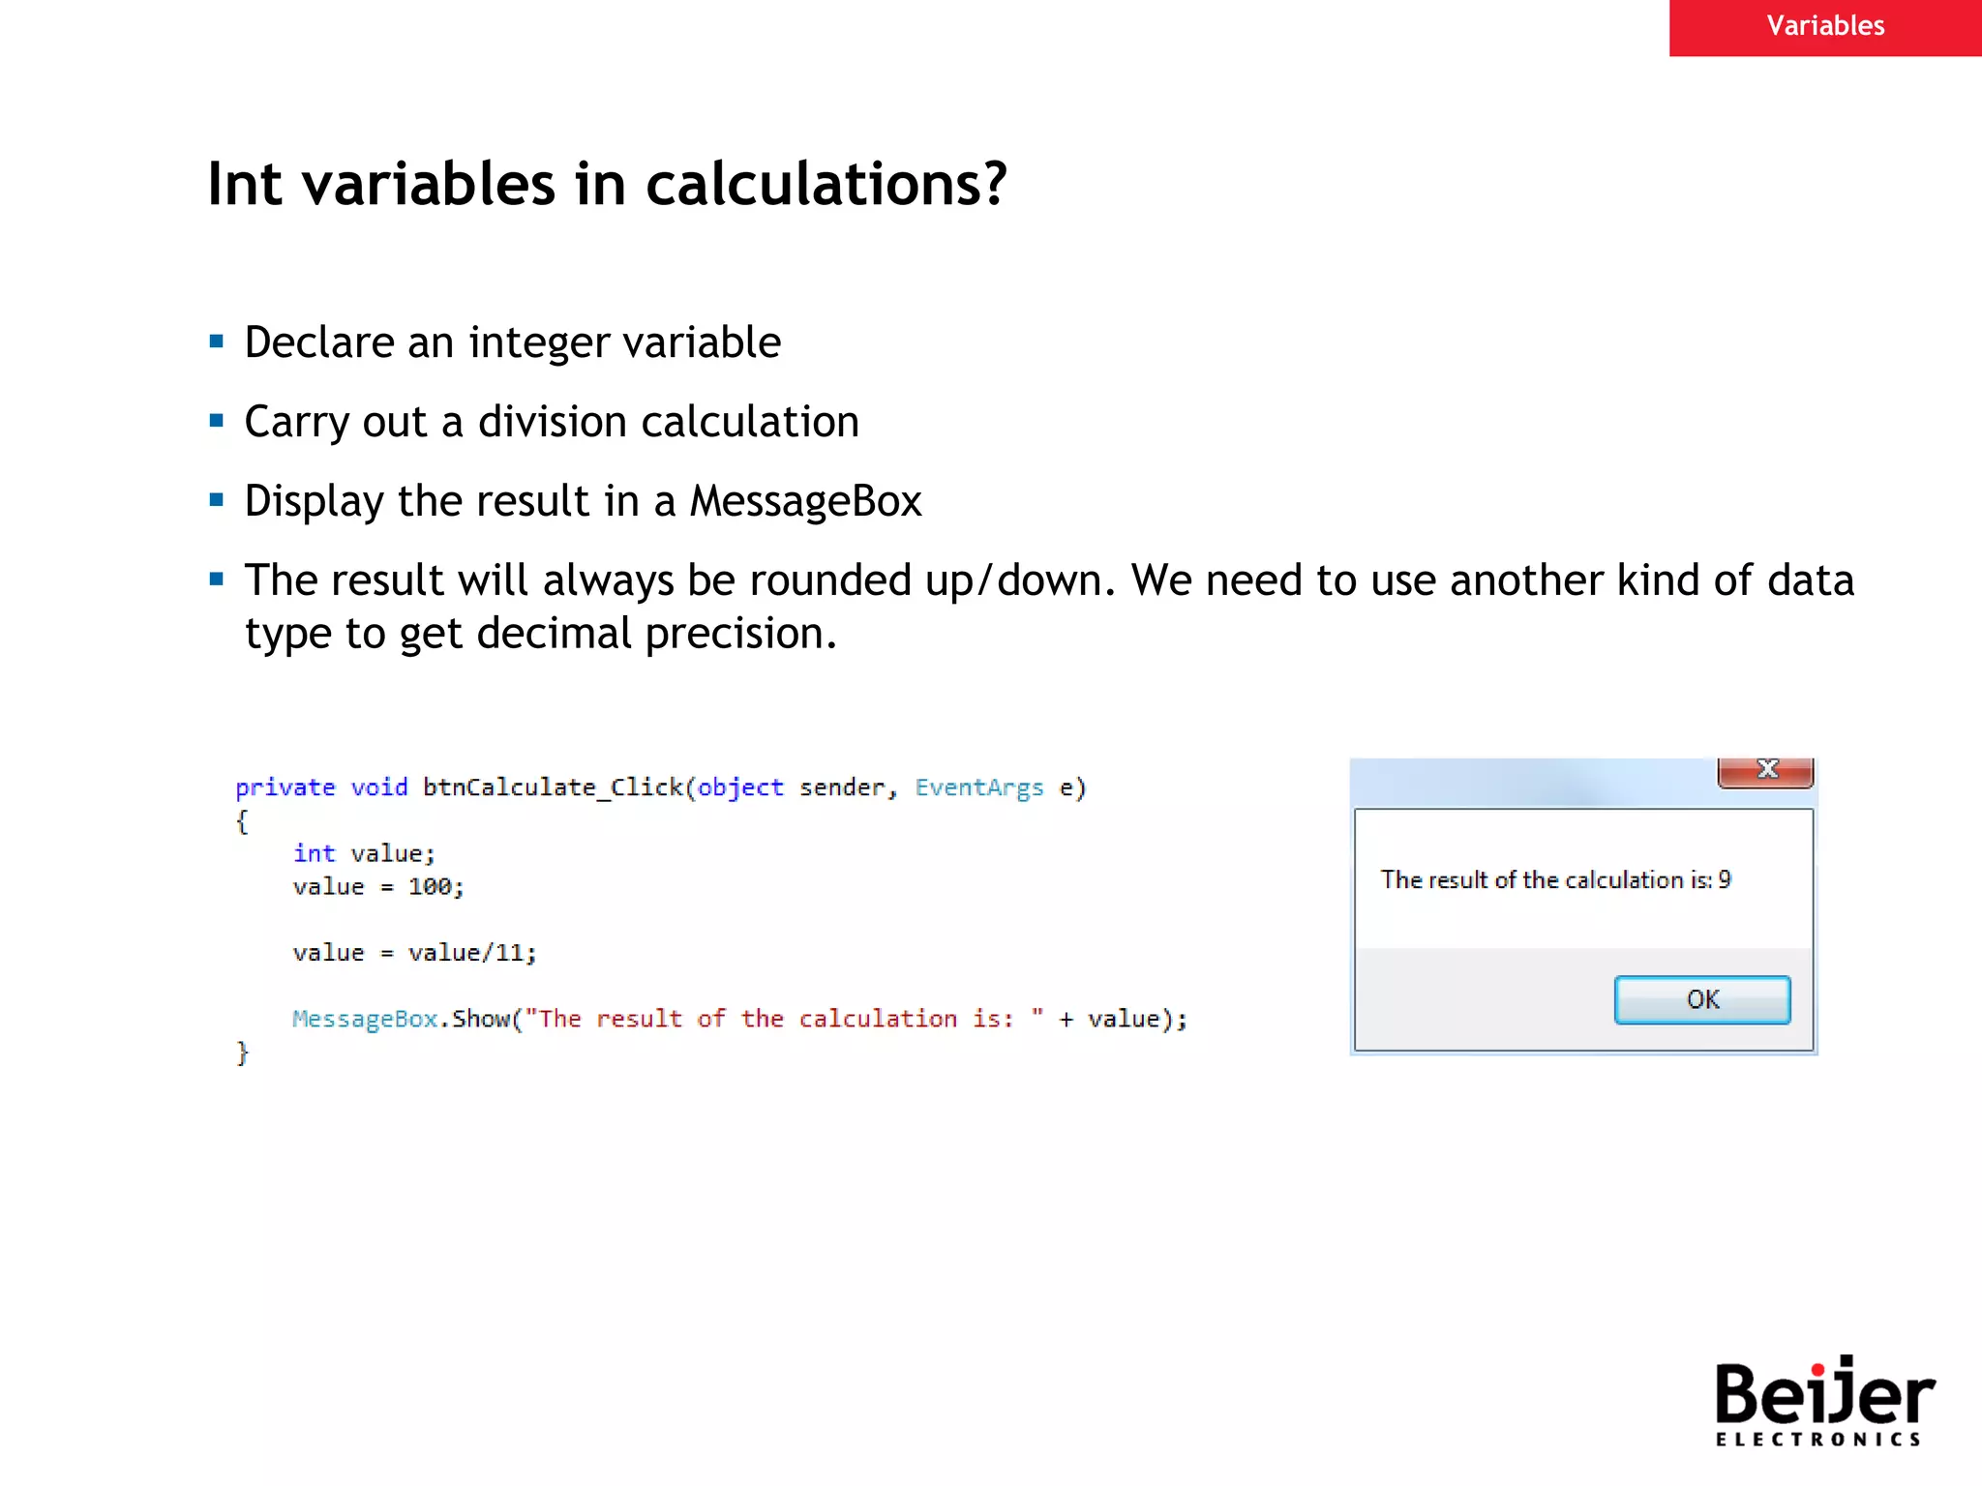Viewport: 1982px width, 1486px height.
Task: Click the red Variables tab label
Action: coord(1824,26)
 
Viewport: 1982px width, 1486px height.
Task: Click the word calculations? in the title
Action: coord(826,184)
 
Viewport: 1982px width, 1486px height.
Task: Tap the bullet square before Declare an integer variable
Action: coord(217,342)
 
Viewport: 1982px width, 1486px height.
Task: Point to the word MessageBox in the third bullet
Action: coord(804,501)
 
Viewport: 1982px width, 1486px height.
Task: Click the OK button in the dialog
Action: coord(1701,999)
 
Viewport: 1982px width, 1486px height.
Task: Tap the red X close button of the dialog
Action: coord(1766,770)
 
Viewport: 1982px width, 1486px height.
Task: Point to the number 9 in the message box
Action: coord(1725,879)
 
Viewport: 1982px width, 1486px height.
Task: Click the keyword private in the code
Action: coord(285,788)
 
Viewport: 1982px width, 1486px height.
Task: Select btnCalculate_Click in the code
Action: coord(553,788)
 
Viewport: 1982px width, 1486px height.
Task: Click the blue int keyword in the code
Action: coord(314,853)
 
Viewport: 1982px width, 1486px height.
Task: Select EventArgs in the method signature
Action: coord(978,788)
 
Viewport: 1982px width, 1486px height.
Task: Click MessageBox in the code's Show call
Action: coord(364,1019)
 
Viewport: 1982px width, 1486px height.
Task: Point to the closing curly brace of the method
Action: coord(243,1053)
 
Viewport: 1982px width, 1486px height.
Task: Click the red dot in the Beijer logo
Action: coord(1817,1368)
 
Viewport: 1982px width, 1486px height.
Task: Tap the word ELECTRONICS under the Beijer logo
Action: coord(1817,1440)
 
